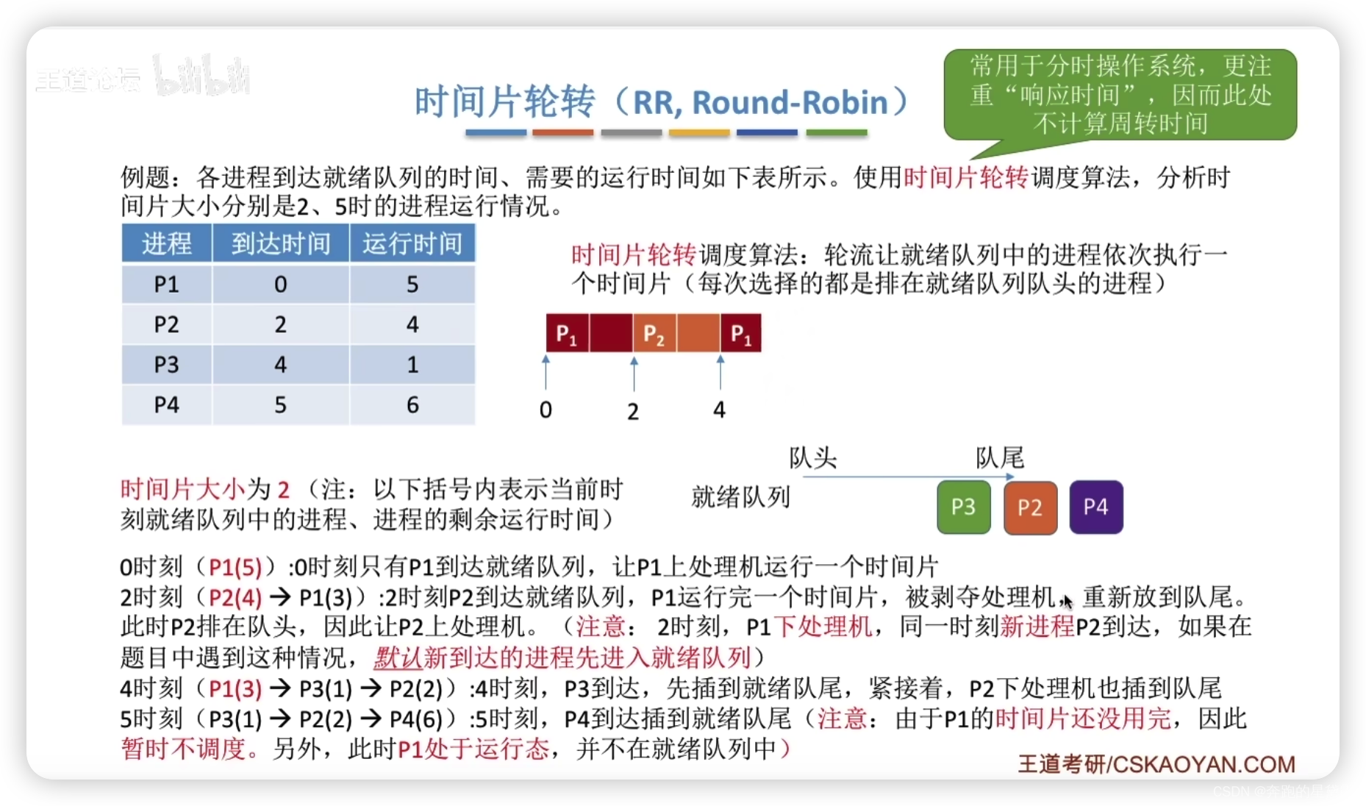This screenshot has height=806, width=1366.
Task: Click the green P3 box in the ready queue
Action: (x=963, y=507)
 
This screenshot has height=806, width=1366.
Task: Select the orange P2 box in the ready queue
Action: (x=1030, y=507)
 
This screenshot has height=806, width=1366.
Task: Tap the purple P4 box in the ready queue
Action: (x=1095, y=507)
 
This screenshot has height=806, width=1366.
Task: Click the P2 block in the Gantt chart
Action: (x=654, y=333)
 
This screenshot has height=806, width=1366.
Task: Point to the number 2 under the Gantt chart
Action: (x=633, y=411)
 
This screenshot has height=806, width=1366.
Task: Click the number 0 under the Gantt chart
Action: (x=546, y=410)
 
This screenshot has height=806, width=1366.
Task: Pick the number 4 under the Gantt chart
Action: (x=719, y=410)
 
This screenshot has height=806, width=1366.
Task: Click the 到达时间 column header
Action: (x=281, y=243)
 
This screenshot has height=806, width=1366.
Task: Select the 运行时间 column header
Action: (x=412, y=243)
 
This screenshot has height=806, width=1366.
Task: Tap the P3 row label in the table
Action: (x=167, y=365)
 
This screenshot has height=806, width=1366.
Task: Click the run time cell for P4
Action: (x=412, y=404)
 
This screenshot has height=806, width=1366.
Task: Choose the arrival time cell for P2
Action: (x=281, y=324)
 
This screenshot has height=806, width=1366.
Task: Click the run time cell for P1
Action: (x=412, y=284)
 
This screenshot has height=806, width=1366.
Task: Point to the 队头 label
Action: (x=812, y=458)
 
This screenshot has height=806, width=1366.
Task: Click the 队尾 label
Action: (x=1000, y=458)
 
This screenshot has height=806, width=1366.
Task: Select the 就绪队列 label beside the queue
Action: (x=740, y=497)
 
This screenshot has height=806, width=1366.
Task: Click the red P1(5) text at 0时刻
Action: (x=235, y=567)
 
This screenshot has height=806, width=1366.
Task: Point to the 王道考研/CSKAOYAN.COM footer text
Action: (x=1156, y=764)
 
